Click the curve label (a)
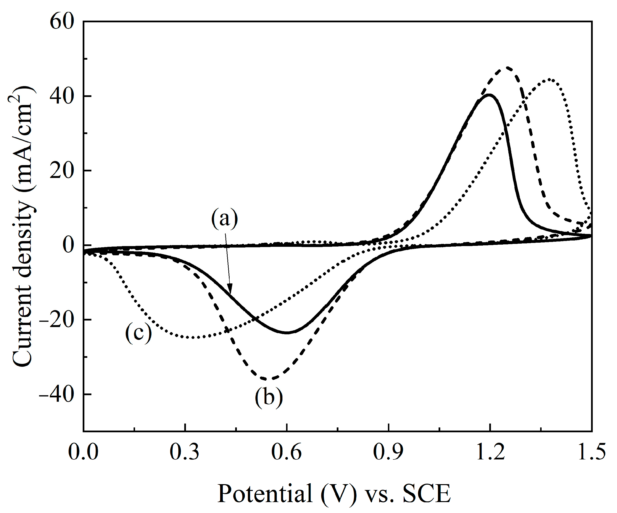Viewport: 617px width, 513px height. tap(224, 219)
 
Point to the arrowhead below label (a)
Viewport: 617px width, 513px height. tap(230, 290)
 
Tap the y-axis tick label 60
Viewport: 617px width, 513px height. tap(61, 22)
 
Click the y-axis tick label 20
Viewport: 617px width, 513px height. tap(61, 171)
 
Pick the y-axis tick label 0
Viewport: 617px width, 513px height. tap(68, 245)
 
